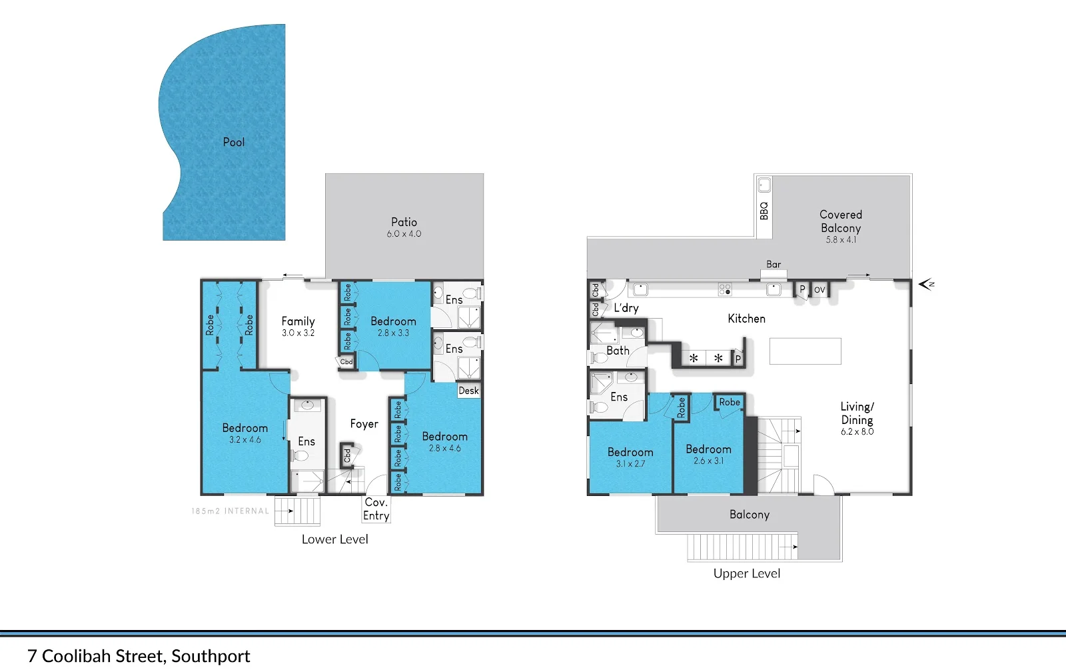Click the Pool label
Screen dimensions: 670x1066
pos(234,142)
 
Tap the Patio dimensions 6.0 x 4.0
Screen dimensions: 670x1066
pos(404,234)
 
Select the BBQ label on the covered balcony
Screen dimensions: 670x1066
pos(764,211)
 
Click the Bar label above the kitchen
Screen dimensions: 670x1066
pos(774,265)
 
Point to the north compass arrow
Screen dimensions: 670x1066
pos(926,285)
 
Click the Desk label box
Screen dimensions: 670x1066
pos(468,391)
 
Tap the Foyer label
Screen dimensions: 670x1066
pos(364,424)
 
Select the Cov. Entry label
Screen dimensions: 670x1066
pos(376,509)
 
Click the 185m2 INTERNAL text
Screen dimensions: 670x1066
pos(231,511)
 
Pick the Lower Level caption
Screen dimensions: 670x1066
pos(334,539)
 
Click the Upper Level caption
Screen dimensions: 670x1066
pos(746,573)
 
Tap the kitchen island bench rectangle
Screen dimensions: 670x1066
pos(805,351)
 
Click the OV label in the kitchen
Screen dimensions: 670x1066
pos(819,289)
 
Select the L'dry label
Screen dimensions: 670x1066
pos(626,308)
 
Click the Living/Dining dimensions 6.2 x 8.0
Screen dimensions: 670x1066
pos(857,432)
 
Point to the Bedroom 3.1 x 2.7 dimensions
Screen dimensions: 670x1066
pos(630,464)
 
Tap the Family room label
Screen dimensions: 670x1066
pos(298,321)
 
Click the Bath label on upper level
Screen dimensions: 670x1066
pos(618,351)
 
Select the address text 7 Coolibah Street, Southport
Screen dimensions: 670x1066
pos(139,656)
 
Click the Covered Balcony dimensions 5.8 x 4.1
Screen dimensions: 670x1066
pos(841,240)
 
